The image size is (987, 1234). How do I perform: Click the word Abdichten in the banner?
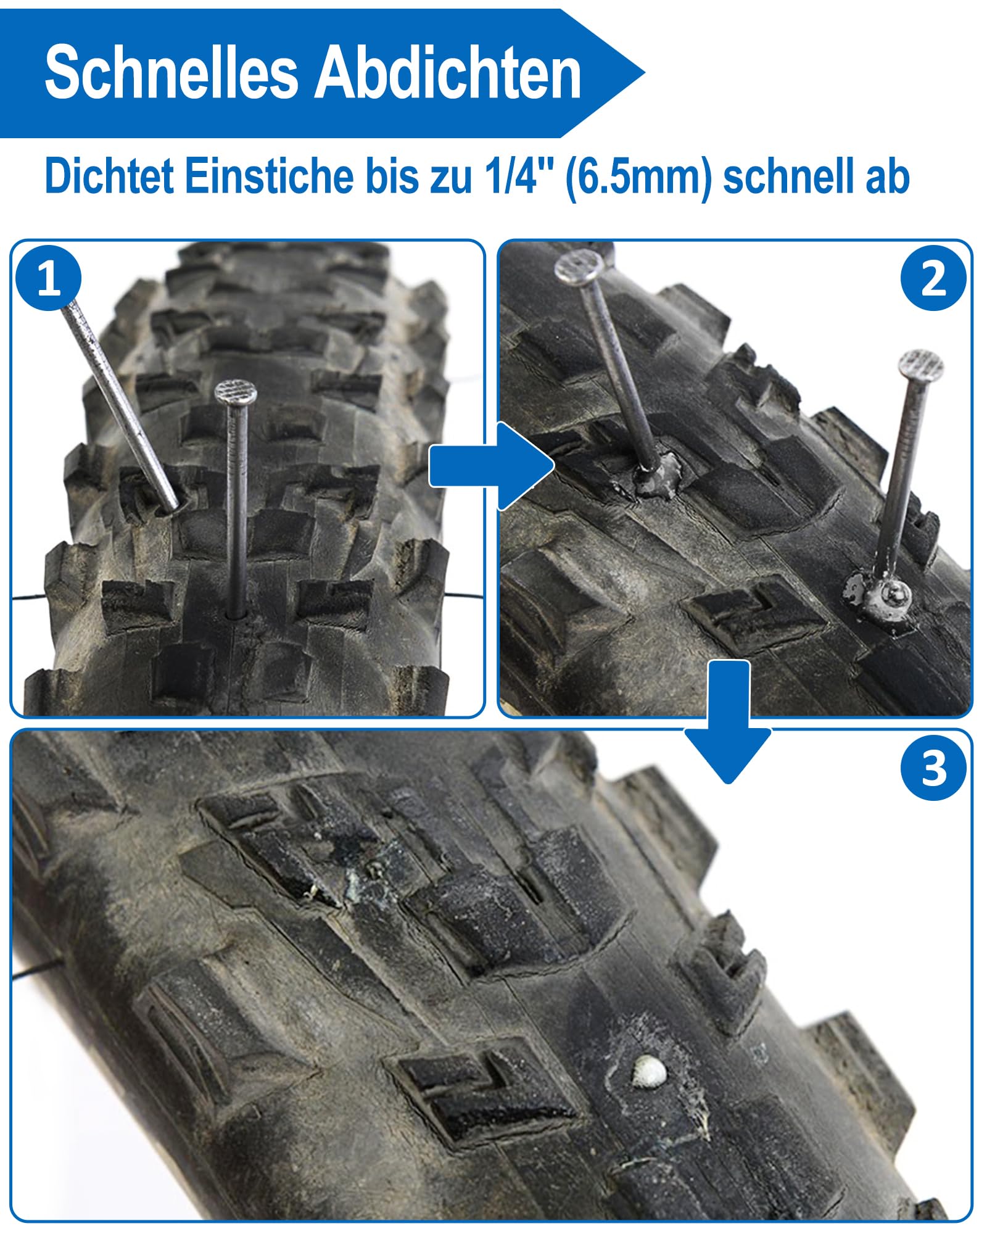pyautogui.click(x=449, y=73)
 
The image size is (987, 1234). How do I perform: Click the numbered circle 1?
pyautogui.click(x=49, y=278)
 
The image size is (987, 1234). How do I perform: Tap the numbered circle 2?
pyautogui.click(x=933, y=278)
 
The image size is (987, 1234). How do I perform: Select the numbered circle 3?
pyautogui.click(x=933, y=768)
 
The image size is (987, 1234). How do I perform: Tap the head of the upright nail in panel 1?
pyautogui.click(x=236, y=392)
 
